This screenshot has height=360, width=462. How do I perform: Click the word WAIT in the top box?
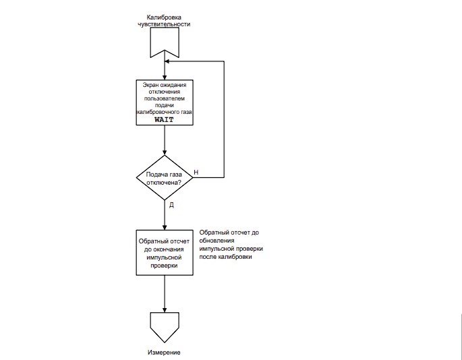[x=164, y=119]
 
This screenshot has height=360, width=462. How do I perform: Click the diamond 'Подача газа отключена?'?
[x=165, y=178]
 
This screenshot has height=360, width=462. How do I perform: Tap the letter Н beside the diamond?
[x=196, y=173]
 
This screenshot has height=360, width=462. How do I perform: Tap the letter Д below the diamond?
[x=171, y=205]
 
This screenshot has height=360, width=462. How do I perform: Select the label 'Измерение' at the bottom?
[x=164, y=353]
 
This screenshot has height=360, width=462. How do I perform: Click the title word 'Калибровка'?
[x=164, y=18]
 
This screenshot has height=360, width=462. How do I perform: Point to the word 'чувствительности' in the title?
[x=164, y=24]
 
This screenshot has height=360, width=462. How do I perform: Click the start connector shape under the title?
[x=165, y=42]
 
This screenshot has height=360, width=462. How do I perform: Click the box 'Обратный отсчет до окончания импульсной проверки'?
[x=165, y=253]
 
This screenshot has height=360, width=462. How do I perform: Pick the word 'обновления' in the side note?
[x=216, y=241]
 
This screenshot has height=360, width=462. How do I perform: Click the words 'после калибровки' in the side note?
[x=225, y=257]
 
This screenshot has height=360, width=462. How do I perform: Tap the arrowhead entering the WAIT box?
[x=165, y=78]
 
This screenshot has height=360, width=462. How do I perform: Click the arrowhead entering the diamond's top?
[x=165, y=152]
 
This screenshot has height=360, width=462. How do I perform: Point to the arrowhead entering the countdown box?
[x=165, y=228]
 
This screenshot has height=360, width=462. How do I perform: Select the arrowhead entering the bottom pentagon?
[x=165, y=310]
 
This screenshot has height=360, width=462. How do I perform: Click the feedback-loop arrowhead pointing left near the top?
[x=167, y=61]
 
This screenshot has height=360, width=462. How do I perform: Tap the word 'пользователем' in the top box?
[x=165, y=98]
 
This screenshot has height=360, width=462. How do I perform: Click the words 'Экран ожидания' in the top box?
[x=165, y=85]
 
